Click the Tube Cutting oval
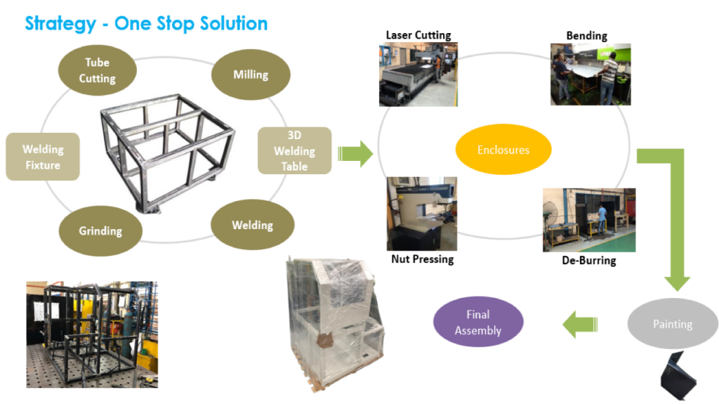click(x=97, y=70)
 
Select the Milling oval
click(x=251, y=74)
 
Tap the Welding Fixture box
click(x=42, y=157)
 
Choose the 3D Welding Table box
click(x=294, y=150)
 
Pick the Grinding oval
click(x=100, y=230)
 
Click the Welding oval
click(x=252, y=226)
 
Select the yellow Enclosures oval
click(x=503, y=150)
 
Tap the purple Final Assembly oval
click(x=478, y=322)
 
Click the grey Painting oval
click(x=672, y=324)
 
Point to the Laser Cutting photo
click(x=418, y=74)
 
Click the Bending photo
click(x=590, y=74)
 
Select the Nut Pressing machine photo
click(x=421, y=214)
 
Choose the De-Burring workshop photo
click(x=588, y=219)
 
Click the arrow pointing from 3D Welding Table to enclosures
click(x=355, y=153)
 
